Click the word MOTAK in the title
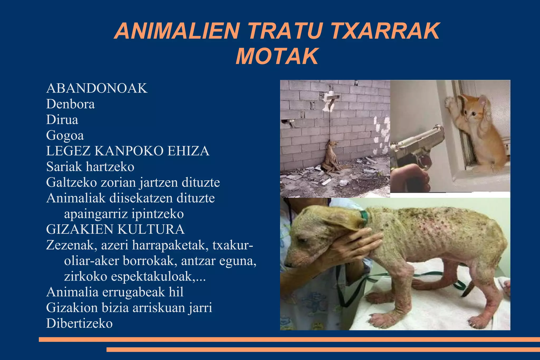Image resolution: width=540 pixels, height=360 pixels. pos(277,56)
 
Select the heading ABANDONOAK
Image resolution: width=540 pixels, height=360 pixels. pos(97,88)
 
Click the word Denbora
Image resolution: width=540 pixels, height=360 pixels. pos(70,104)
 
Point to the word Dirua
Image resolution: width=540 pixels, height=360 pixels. pos(62,120)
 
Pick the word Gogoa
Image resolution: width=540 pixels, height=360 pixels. pos(65,136)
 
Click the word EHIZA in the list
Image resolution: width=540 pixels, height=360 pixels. pos(188,151)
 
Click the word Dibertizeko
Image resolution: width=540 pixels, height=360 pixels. pos(79,323)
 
